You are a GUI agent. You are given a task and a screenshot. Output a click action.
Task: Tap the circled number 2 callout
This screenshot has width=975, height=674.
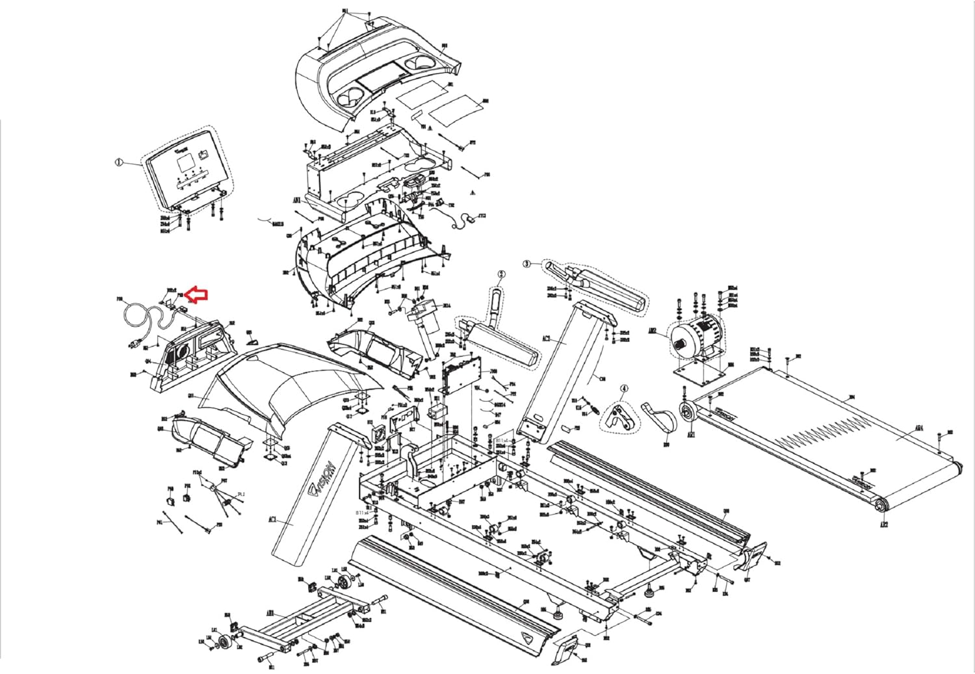tap(501, 274)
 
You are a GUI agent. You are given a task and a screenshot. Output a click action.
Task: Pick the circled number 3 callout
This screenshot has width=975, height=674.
tap(527, 264)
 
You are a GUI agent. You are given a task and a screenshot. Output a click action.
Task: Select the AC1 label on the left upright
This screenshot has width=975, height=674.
tap(272, 519)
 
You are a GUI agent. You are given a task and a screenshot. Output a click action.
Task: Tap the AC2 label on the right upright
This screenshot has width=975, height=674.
tap(547, 338)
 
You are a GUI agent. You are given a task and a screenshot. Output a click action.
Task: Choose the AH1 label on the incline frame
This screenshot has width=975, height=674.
tap(271, 612)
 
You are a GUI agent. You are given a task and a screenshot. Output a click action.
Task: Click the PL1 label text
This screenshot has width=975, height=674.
tap(240, 494)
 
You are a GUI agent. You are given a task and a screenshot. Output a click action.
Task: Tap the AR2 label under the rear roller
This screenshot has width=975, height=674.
tap(883, 523)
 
